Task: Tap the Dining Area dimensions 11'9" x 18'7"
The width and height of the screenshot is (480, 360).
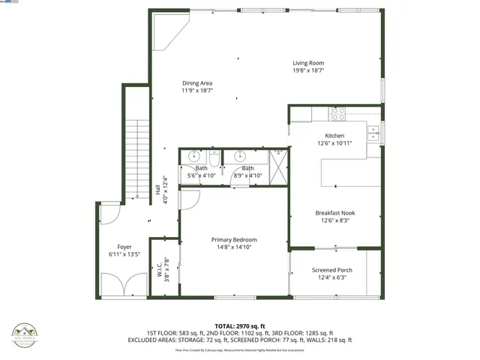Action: pyautogui.click(x=197, y=90)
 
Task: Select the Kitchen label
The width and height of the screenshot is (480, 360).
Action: pyautogui.click(x=334, y=136)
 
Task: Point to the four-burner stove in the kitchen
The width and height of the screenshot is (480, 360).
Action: pyautogui.click(x=337, y=114)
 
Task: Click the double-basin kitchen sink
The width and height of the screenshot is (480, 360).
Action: pyautogui.click(x=373, y=133)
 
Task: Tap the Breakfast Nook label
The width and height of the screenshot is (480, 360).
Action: pyautogui.click(x=334, y=213)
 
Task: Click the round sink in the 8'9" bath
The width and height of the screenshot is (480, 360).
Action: pyautogui.click(x=241, y=157)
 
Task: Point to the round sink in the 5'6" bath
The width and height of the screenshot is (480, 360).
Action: pyautogui.click(x=193, y=157)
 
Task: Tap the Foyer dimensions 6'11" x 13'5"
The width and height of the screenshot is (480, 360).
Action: pyautogui.click(x=124, y=254)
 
